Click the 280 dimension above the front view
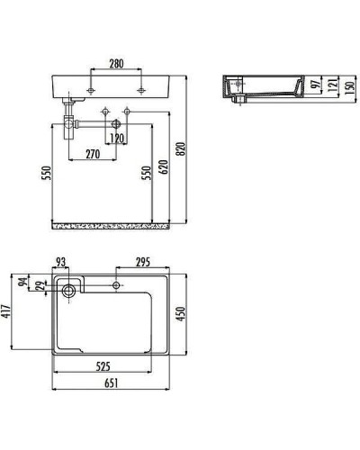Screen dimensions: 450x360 pos(116,65)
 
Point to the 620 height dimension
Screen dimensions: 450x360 pos(164,166)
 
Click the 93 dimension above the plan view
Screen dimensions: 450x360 pos(61,263)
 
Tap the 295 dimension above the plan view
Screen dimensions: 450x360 pos(140,263)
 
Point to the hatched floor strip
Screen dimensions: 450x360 pos(110,220)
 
